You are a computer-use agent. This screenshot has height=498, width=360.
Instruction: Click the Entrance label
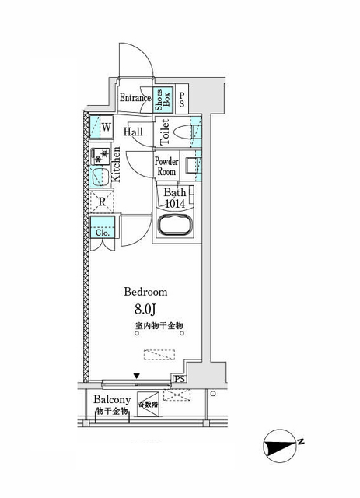(x=135, y=99)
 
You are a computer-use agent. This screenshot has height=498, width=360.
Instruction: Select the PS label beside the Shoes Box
(x=182, y=100)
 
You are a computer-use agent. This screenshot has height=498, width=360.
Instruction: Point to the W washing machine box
(x=103, y=126)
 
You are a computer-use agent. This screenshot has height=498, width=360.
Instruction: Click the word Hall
(x=132, y=132)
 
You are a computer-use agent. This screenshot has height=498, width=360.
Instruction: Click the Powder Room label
(x=168, y=167)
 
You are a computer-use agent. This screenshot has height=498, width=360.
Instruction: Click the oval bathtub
(x=175, y=229)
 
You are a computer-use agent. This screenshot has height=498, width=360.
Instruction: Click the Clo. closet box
(x=102, y=230)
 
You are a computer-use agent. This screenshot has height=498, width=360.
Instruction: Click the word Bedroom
(x=146, y=292)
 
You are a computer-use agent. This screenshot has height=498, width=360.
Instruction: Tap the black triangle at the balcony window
(x=137, y=377)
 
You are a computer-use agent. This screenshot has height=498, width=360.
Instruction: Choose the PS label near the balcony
(x=180, y=380)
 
